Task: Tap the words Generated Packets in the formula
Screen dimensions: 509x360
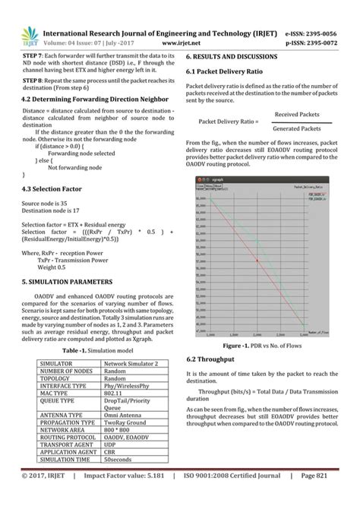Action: [297, 129]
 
